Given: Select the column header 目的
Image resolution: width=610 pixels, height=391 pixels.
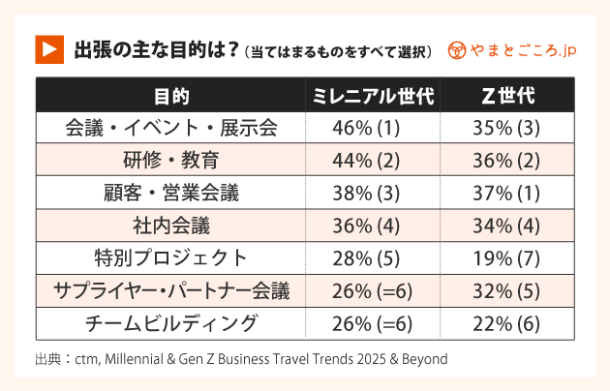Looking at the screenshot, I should [x=170, y=96].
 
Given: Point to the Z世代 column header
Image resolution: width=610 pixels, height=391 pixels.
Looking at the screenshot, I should [x=507, y=96].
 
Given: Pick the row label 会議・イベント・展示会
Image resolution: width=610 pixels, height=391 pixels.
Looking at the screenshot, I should [x=170, y=128].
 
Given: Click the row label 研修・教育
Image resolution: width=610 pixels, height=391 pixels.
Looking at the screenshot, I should [x=170, y=160].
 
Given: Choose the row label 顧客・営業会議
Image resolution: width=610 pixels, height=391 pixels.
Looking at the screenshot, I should [x=170, y=193].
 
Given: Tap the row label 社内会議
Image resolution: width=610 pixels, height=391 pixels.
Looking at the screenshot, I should [x=170, y=226].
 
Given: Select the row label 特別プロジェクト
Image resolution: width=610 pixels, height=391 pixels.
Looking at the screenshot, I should [x=170, y=257].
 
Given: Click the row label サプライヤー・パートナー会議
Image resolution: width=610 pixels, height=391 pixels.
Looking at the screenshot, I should [x=170, y=290].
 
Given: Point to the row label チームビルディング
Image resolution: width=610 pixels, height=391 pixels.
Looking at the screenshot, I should [x=170, y=323].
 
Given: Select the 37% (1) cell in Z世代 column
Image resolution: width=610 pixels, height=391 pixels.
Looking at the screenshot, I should [x=507, y=193].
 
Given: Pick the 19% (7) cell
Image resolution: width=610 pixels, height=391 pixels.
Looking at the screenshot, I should [x=507, y=257].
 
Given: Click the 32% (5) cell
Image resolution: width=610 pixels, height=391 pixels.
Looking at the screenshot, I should [x=507, y=290].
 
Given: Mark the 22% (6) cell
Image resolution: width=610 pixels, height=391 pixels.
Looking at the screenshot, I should [x=507, y=323].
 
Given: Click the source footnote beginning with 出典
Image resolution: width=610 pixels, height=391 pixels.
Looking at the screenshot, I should [x=241, y=359].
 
